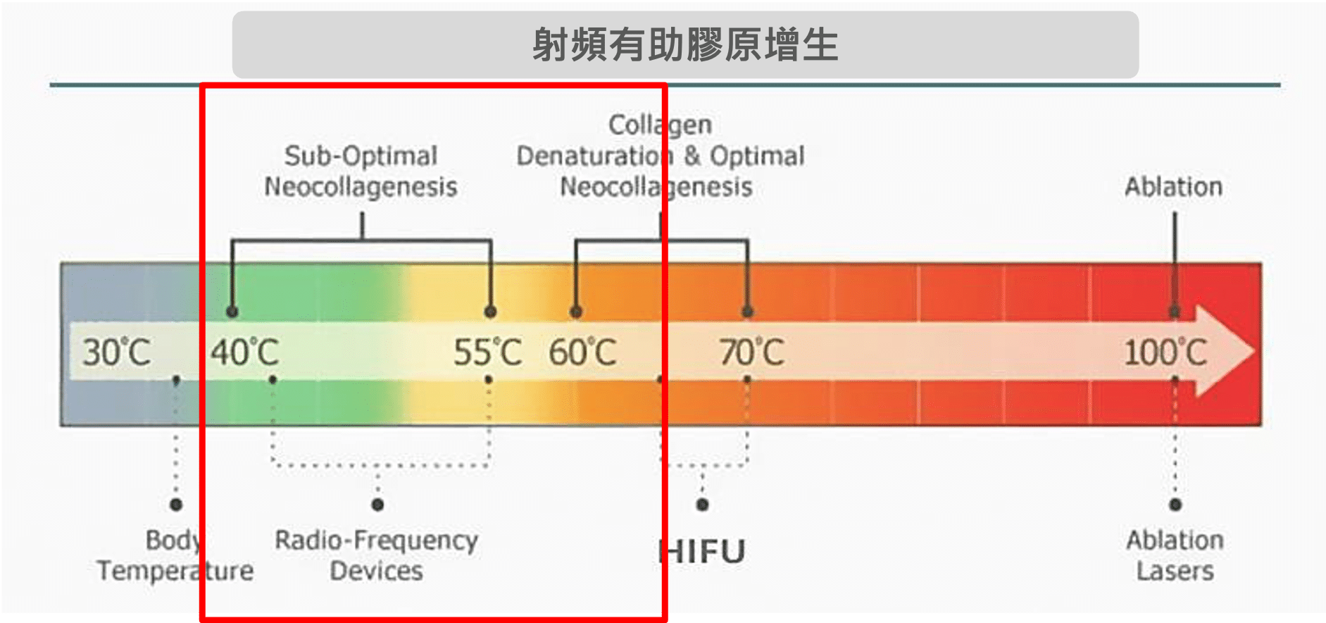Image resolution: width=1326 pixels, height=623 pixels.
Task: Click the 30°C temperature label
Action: click(x=116, y=352)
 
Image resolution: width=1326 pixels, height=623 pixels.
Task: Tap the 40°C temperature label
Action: click(x=244, y=352)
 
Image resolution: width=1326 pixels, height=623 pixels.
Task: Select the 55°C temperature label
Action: click(x=487, y=352)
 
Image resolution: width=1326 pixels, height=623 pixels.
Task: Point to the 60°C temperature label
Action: click(x=582, y=352)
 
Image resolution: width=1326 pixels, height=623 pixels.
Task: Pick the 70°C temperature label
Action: click(x=751, y=352)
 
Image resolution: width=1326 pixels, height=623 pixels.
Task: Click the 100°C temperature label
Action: click(x=1165, y=352)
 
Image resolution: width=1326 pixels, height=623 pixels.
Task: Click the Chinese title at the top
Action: click(x=684, y=44)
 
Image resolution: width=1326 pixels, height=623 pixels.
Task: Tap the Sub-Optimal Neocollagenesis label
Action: click(x=361, y=171)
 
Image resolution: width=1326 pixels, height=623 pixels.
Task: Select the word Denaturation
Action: click(x=589, y=156)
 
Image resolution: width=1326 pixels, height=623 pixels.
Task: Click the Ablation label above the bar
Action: click(x=1173, y=187)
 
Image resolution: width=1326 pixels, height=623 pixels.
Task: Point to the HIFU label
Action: click(x=702, y=552)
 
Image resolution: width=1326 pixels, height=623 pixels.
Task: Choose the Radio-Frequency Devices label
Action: click(x=377, y=555)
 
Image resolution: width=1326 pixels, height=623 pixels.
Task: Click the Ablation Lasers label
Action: click(x=1175, y=555)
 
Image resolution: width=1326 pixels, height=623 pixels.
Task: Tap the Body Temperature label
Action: click(x=175, y=555)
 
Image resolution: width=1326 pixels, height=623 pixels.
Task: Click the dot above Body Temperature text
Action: click(x=176, y=505)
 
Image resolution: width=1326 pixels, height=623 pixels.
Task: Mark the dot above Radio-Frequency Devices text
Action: click(x=377, y=505)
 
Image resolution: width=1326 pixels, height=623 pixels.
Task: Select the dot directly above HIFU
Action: click(x=702, y=505)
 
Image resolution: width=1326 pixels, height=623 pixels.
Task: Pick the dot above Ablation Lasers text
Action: click(x=1175, y=505)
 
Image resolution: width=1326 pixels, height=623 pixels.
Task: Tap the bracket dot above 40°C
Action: click(x=232, y=311)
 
